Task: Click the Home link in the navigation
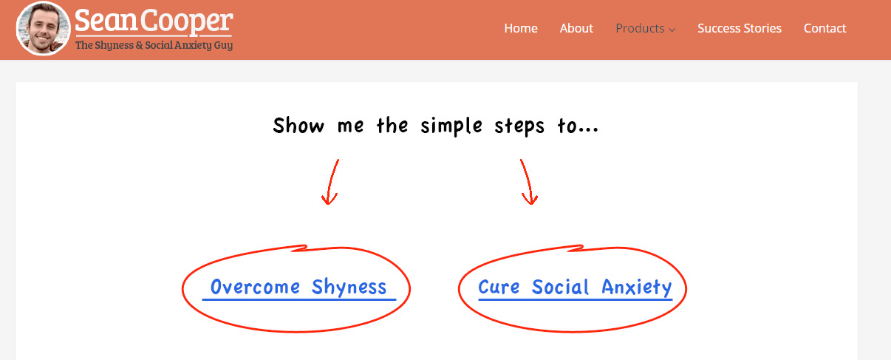[521, 28]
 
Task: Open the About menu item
[576, 28]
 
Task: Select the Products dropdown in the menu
[640, 28]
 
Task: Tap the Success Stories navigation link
[740, 28]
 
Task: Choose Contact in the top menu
[825, 28]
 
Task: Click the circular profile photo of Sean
[44, 29]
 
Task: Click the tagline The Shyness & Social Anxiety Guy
[154, 45]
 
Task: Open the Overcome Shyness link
[298, 287]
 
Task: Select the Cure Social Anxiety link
[575, 287]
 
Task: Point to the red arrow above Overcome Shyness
[331, 183]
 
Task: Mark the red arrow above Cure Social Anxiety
[528, 183]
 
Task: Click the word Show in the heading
[298, 126]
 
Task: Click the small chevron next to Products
[672, 30]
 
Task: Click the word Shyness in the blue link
[349, 287]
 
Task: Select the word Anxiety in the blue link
[636, 287]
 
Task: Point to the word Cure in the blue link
[499, 287]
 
